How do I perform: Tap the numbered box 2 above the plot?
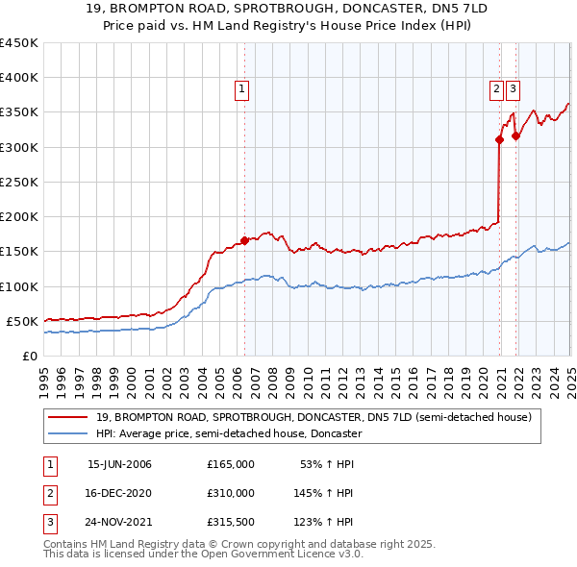[496, 89]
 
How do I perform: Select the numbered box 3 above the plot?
[513, 89]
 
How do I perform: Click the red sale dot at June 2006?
[244, 240]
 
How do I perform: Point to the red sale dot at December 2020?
[500, 139]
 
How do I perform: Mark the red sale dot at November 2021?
[516, 136]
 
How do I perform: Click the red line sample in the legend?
[68, 417]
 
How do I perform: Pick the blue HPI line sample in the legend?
[68, 433]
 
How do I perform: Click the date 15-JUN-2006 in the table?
[119, 464]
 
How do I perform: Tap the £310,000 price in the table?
[231, 493]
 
